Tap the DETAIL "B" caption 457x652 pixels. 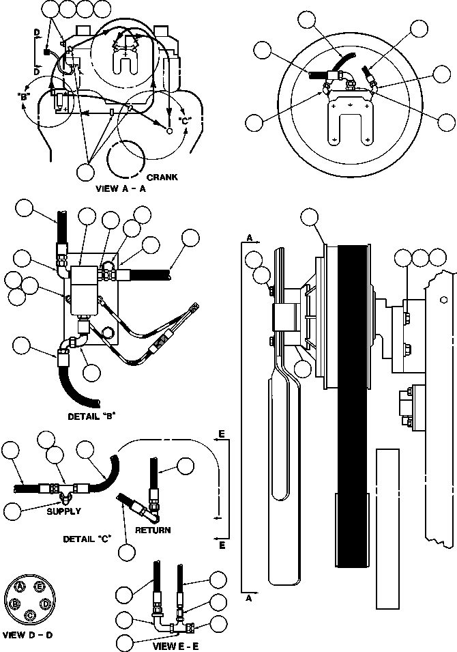click(x=91, y=414)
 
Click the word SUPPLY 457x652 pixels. click(x=63, y=511)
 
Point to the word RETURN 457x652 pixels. click(x=152, y=529)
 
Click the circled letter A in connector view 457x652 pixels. click(x=21, y=587)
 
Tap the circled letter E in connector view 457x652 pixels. click(x=40, y=587)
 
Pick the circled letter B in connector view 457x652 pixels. click(x=15, y=604)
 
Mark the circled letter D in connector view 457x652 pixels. click(x=45, y=604)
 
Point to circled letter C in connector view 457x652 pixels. click(x=30, y=615)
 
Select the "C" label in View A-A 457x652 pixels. click(x=183, y=121)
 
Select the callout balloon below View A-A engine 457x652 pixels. click(x=87, y=171)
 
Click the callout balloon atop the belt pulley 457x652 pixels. click(x=310, y=218)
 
